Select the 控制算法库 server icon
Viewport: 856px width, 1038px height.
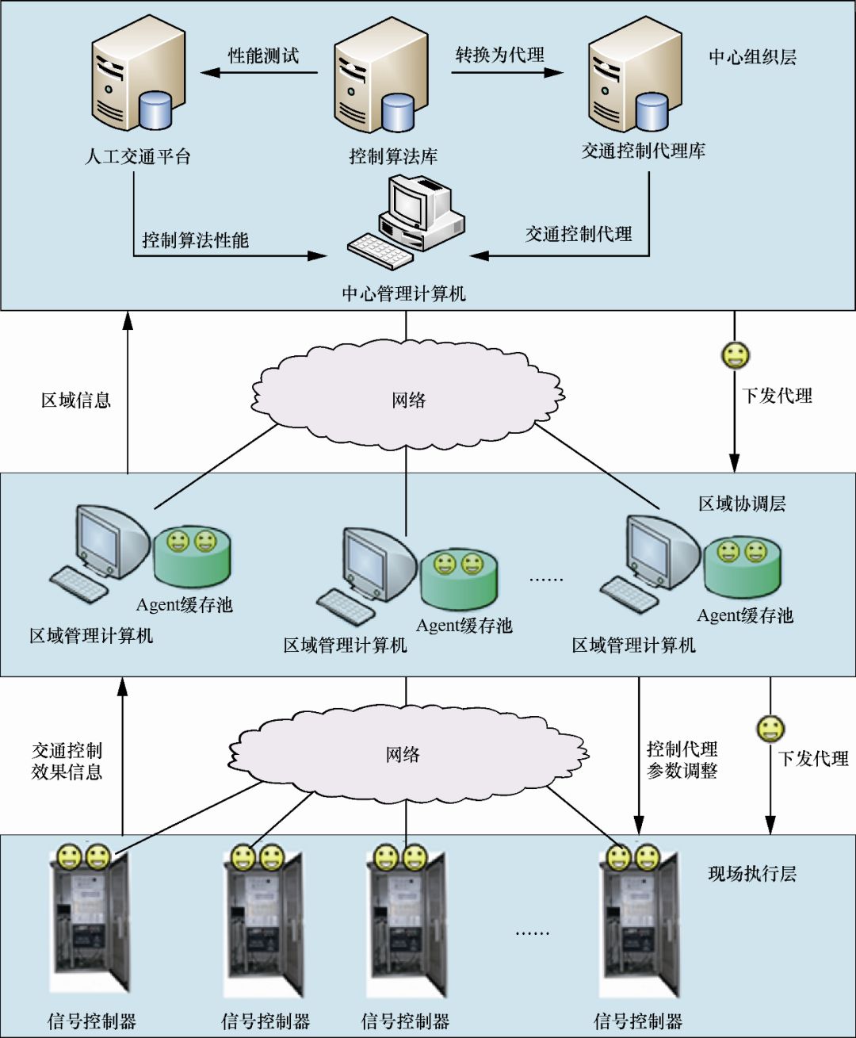pos(380,75)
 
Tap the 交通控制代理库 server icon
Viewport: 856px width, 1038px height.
pos(634,74)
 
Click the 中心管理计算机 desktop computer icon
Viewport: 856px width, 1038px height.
pos(405,222)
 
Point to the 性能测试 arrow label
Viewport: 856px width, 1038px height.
pos(263,56)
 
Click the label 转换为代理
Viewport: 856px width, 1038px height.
pos(500,55)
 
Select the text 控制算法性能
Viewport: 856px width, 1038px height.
pos(195,240)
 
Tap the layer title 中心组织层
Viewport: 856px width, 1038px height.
pos(752,57)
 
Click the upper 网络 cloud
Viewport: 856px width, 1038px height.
pos(408,395)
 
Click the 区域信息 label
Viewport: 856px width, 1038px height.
pos(75,400)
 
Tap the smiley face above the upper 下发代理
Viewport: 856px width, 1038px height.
pos(736,355)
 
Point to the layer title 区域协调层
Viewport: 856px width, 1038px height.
pos(742,504)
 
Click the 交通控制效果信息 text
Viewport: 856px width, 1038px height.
pos(67,761)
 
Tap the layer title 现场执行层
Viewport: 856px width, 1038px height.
pos(751,873)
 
